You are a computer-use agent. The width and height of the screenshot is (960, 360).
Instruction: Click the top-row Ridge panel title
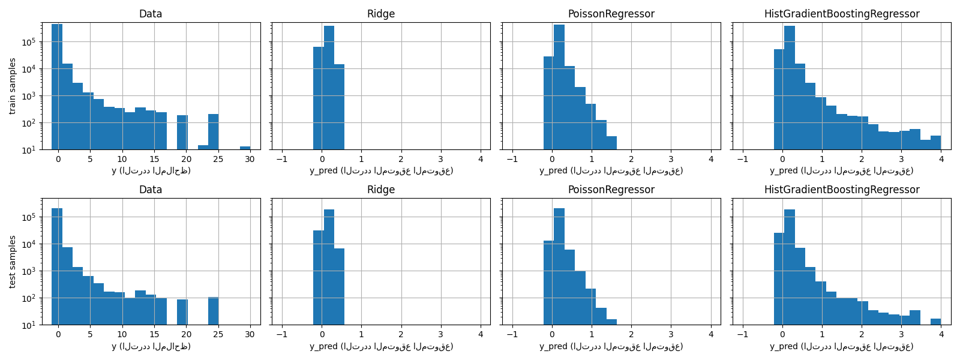[381, 14]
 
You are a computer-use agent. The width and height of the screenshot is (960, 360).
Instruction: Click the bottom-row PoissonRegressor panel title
[611, 190]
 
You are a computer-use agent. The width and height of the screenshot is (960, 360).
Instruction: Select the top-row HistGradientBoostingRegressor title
[841, 14]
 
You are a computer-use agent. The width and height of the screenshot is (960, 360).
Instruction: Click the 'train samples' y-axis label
[13, 86]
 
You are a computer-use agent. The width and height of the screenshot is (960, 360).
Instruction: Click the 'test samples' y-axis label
[13, 262]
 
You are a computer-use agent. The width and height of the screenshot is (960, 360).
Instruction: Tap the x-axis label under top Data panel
[151, 171]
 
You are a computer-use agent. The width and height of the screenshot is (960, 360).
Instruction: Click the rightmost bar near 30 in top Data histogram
[245, 148]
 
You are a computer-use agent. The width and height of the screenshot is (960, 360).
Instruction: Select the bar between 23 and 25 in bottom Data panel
[213, 311]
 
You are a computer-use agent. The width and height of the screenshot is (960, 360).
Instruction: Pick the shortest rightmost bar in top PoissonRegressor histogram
[611, 143]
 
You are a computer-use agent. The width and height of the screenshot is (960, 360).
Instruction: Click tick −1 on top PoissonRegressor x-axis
[512, 159]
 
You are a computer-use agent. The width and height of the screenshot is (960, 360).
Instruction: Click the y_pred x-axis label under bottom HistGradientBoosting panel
[841, 347]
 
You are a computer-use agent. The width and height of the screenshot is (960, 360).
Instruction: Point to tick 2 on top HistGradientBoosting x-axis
[861, 159]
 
